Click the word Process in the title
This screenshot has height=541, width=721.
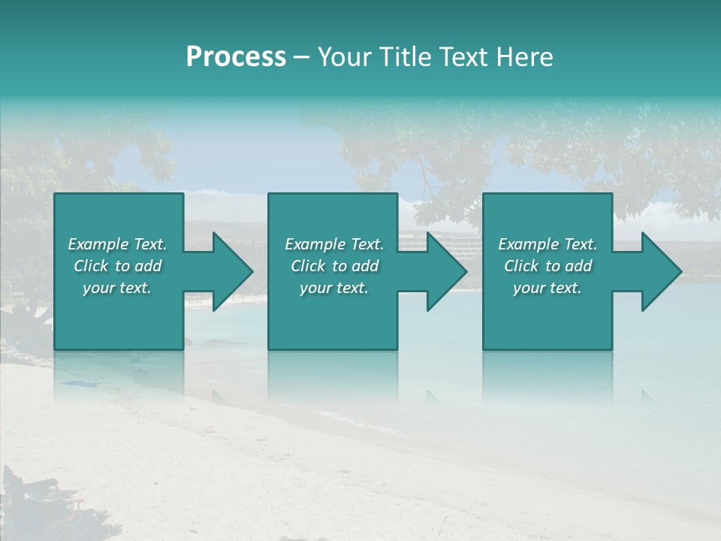236,57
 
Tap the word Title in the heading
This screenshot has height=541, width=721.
405,57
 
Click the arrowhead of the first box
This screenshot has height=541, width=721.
230,271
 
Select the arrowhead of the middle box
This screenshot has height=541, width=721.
444,271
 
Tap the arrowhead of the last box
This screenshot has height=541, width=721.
659,271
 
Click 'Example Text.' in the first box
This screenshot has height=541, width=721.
117,244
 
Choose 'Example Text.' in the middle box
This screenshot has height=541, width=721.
334,244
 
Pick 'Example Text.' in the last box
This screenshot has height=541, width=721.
548,244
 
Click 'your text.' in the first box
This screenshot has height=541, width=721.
117,288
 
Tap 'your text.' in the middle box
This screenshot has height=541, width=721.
334,288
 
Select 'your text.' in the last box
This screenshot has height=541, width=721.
548,288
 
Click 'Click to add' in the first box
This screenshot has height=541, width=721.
117,266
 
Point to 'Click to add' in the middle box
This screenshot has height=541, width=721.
334,266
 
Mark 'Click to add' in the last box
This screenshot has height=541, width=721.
548,266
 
